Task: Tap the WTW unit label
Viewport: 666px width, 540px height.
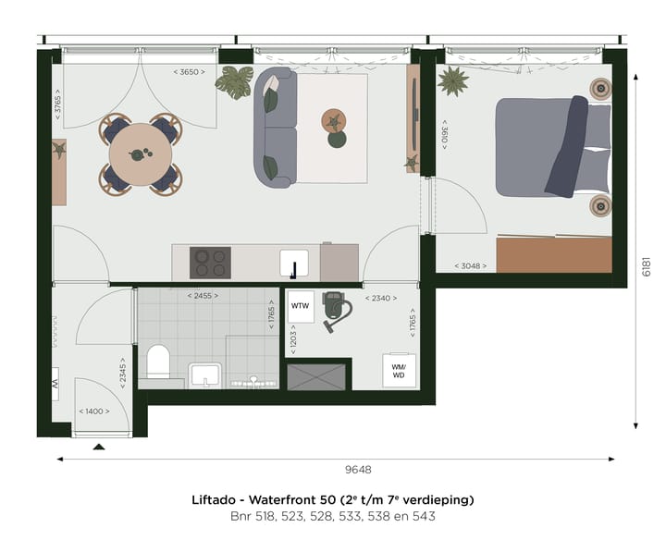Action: coord(301,305)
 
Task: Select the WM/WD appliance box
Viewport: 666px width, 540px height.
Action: coord(400,370)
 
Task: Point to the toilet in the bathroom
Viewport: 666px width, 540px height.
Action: coord(158,362)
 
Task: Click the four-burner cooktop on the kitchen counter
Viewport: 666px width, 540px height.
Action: coord(210,263)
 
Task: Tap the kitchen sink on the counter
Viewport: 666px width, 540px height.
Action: coord(294,264)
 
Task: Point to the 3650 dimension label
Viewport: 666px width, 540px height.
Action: coord(189,71)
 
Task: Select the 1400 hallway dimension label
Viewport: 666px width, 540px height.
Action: coord(93,411)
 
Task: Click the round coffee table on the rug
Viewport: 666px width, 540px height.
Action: coord(333,121)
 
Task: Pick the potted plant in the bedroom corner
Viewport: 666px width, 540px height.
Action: coord(453,81)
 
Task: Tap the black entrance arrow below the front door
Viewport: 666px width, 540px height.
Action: coord(99,447)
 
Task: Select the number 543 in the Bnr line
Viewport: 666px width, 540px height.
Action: coord(424,516)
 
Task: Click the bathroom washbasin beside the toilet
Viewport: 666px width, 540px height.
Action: coord(204,374)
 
